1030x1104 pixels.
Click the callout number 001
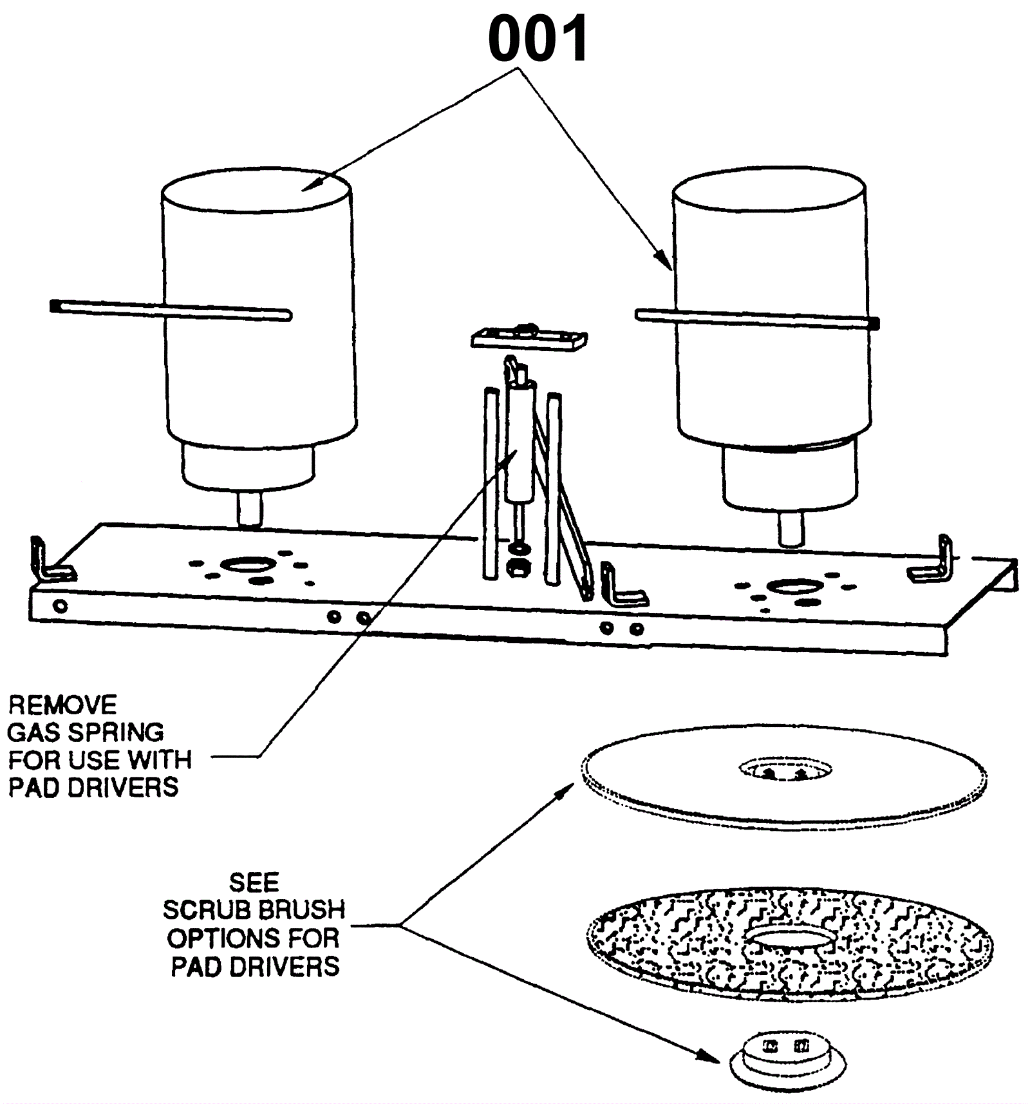[538, 39]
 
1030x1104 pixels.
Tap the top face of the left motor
[256, 188]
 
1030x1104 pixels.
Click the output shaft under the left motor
[250, 509]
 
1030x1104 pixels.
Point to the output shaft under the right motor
[792, 528]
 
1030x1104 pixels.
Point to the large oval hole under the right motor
[792, 587]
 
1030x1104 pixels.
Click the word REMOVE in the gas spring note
[62, 705]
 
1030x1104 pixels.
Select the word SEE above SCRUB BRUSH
[254, 882]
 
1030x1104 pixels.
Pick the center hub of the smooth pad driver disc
[784, 769]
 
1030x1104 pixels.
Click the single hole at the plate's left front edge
[61, 606]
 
